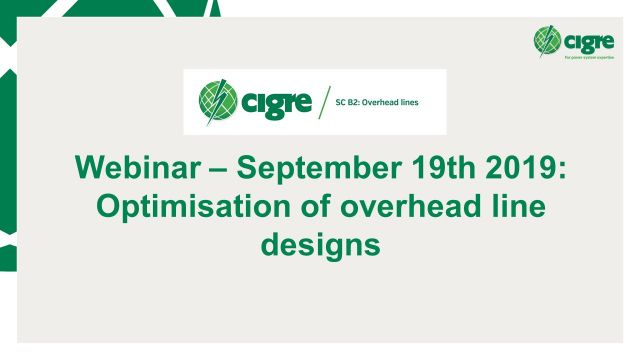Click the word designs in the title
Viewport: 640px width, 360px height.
coord(320,244)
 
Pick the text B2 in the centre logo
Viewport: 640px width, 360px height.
coord(358,102)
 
